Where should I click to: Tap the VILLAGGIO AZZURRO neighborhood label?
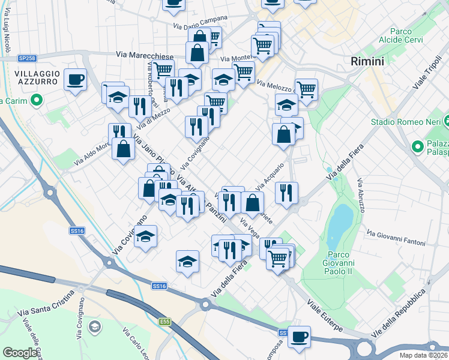[x=37, y=78]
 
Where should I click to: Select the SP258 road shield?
[x=27, y=58]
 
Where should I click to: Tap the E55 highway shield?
[x=165, y=322]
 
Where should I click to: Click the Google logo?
[x=20, y=353]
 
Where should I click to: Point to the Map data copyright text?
[x=424, y=355]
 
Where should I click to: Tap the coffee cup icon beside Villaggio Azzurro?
[x=76, y=80]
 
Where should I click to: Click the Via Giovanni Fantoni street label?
[x=396, y=238]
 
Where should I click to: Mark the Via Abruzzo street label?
[x=360, y=195]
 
